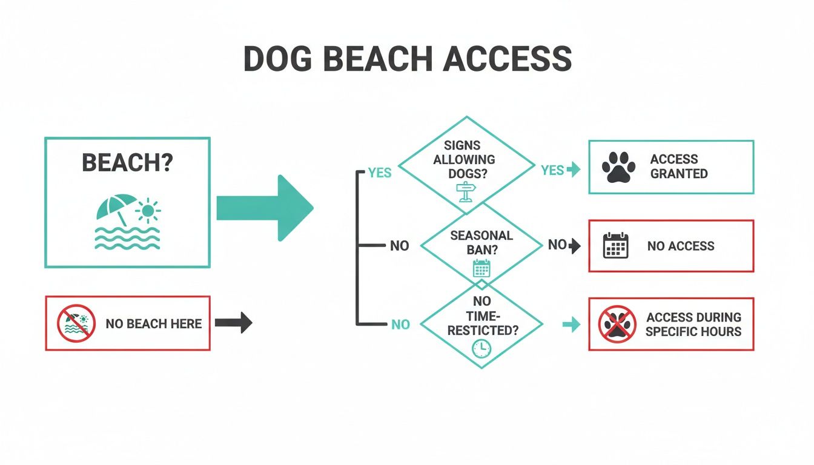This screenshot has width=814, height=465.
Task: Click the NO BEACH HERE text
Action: tap(154, 323)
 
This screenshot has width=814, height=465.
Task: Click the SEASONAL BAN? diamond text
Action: tap(481, 242)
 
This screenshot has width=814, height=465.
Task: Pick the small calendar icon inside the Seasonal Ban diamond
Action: tap(481, 268)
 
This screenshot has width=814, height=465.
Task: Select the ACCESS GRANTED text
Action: tap(678, 167)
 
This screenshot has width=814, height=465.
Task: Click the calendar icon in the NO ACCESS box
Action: tap(617, 246)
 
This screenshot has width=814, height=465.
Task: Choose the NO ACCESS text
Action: tap(681, 246)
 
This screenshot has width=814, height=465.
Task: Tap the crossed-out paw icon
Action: tap(617, 325)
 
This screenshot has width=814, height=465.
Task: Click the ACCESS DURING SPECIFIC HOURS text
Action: tap(693, 325)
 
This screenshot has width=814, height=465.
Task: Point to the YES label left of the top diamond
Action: tap(380, 173)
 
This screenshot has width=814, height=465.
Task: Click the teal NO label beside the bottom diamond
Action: tap(400, 325)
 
